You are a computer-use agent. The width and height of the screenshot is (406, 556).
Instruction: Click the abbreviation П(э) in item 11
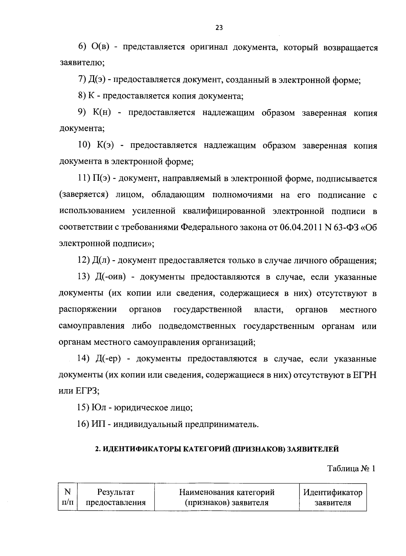pyautogui.click(x=103, y=179)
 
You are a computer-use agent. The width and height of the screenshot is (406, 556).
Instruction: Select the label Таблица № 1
pyautogui.click(x=351, y=469)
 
